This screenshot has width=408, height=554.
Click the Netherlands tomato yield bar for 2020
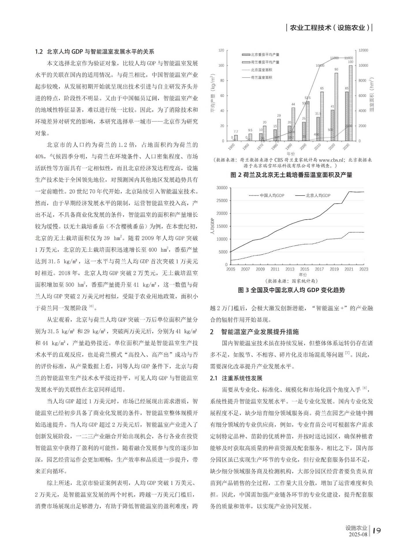(x=336, y=107)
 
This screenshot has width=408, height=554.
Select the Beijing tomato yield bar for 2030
(x=347, y=116)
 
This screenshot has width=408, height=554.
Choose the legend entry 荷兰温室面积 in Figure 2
(x=261, y=77)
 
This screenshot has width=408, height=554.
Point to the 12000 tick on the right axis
(x=363, y=50)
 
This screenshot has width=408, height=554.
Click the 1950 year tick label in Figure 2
(x=231, y=147)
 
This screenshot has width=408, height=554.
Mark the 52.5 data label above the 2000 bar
(x=307, y=98)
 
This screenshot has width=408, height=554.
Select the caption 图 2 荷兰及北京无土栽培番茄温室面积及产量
(x=291, y=175)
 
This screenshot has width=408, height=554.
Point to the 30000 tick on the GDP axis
(x=222, y=188)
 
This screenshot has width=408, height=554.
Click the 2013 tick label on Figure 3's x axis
(x=290, y=269)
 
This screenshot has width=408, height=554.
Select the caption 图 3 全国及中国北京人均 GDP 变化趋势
(x=291, y=290)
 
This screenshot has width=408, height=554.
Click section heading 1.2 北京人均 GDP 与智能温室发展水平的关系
(x=95, y=52)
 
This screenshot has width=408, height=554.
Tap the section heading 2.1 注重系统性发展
(x=236, y=378)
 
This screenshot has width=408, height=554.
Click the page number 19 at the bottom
(x=377, y=530)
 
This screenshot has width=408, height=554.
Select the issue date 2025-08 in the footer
(x=358, y=534)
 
